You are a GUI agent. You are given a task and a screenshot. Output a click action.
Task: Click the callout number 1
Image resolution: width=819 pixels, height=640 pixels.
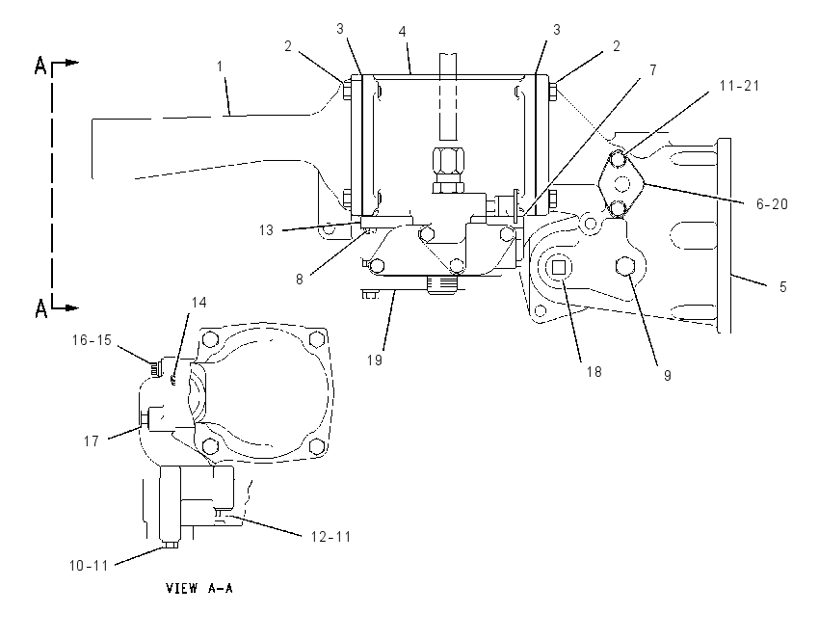tap(220, 67)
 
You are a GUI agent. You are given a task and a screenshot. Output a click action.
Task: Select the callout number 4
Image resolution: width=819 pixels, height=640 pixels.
tap(402, 32)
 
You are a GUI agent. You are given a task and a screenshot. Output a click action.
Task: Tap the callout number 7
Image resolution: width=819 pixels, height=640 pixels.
tap(653, 69)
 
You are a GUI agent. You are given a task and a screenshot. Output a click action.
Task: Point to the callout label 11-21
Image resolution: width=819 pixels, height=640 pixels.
tap(739, 85)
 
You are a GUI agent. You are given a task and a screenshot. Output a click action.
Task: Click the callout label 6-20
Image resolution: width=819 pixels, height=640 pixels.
tap(772, 203)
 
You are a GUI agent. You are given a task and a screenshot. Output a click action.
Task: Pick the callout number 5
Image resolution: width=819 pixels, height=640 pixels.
tap(783, 287)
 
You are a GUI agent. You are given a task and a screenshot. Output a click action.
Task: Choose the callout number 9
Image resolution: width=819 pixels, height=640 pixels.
tap(668, 376)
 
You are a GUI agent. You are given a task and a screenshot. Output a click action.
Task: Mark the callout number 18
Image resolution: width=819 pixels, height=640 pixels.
tap(594, 371)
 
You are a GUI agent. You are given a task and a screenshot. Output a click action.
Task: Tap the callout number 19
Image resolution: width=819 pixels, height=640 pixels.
tap(375, 360)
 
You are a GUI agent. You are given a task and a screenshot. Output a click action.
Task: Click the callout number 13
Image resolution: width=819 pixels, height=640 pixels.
tap(266, 230)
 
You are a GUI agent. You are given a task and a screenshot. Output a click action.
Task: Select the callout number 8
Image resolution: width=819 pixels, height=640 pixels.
tap(300, 280)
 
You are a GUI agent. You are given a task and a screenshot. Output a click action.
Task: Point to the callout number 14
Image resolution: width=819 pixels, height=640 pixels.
tap(199, 303)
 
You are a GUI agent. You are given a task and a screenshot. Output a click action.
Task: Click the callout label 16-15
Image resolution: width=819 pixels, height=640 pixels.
tap(92, 340)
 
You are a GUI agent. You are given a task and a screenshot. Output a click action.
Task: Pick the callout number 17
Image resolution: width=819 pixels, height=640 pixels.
tap(92, 441)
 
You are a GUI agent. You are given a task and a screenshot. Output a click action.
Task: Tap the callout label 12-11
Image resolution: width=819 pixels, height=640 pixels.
tap(331, 537)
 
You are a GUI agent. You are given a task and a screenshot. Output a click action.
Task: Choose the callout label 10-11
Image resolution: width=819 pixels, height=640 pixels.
tap(89, 565)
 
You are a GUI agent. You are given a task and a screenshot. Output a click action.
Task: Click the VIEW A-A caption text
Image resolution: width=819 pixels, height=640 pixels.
tap(199, 588)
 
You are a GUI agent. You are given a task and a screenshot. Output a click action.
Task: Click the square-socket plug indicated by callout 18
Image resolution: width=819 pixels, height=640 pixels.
tap(559, 268)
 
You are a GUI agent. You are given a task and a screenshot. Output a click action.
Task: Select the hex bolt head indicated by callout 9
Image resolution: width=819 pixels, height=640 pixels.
tap(625, 266)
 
